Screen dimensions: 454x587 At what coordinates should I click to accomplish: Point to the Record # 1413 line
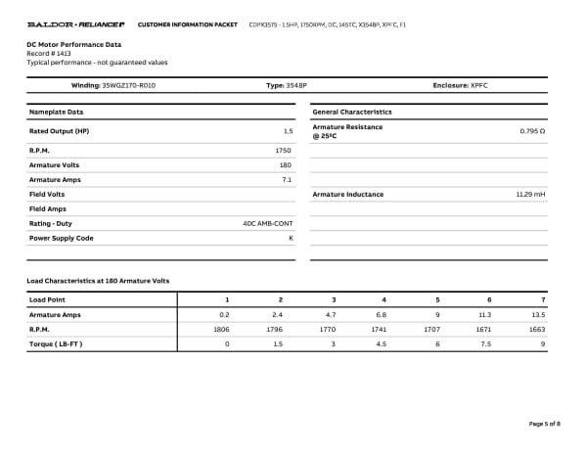pyautogui.click(x=49, y=53)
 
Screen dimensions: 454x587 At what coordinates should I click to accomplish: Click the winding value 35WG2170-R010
pyautogui.click(x=129, y=86)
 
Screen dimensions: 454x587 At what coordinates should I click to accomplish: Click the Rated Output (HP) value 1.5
pyautogui.click(x=289, y=130)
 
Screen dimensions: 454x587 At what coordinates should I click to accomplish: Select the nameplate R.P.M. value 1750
pyautogui.click(x=285, y=151)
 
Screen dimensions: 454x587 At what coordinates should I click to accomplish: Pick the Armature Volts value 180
pyautogui.click(x=287, y=165)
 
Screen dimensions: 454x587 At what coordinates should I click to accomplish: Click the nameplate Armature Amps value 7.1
pyautogui.click(x=288, y=180)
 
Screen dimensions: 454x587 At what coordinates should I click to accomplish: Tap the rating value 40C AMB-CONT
pyautogui.click(x=268, y=223)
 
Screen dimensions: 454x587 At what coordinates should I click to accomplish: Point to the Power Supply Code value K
pyautogui.click(x=291, y=238)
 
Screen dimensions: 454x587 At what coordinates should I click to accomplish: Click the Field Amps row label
pyautogui.click(x=48, y=208)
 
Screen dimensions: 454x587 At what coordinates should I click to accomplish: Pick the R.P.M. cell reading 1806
pyautogui.click(x=221, y=330)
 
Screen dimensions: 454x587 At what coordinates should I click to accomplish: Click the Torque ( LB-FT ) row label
pyautogui.click(x=56, y=343)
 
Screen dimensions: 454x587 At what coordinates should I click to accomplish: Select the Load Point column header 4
pyautogui.click(x=384, y=298)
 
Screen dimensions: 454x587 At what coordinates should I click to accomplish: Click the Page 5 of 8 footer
pyautogui.click(x=544, y=423)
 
